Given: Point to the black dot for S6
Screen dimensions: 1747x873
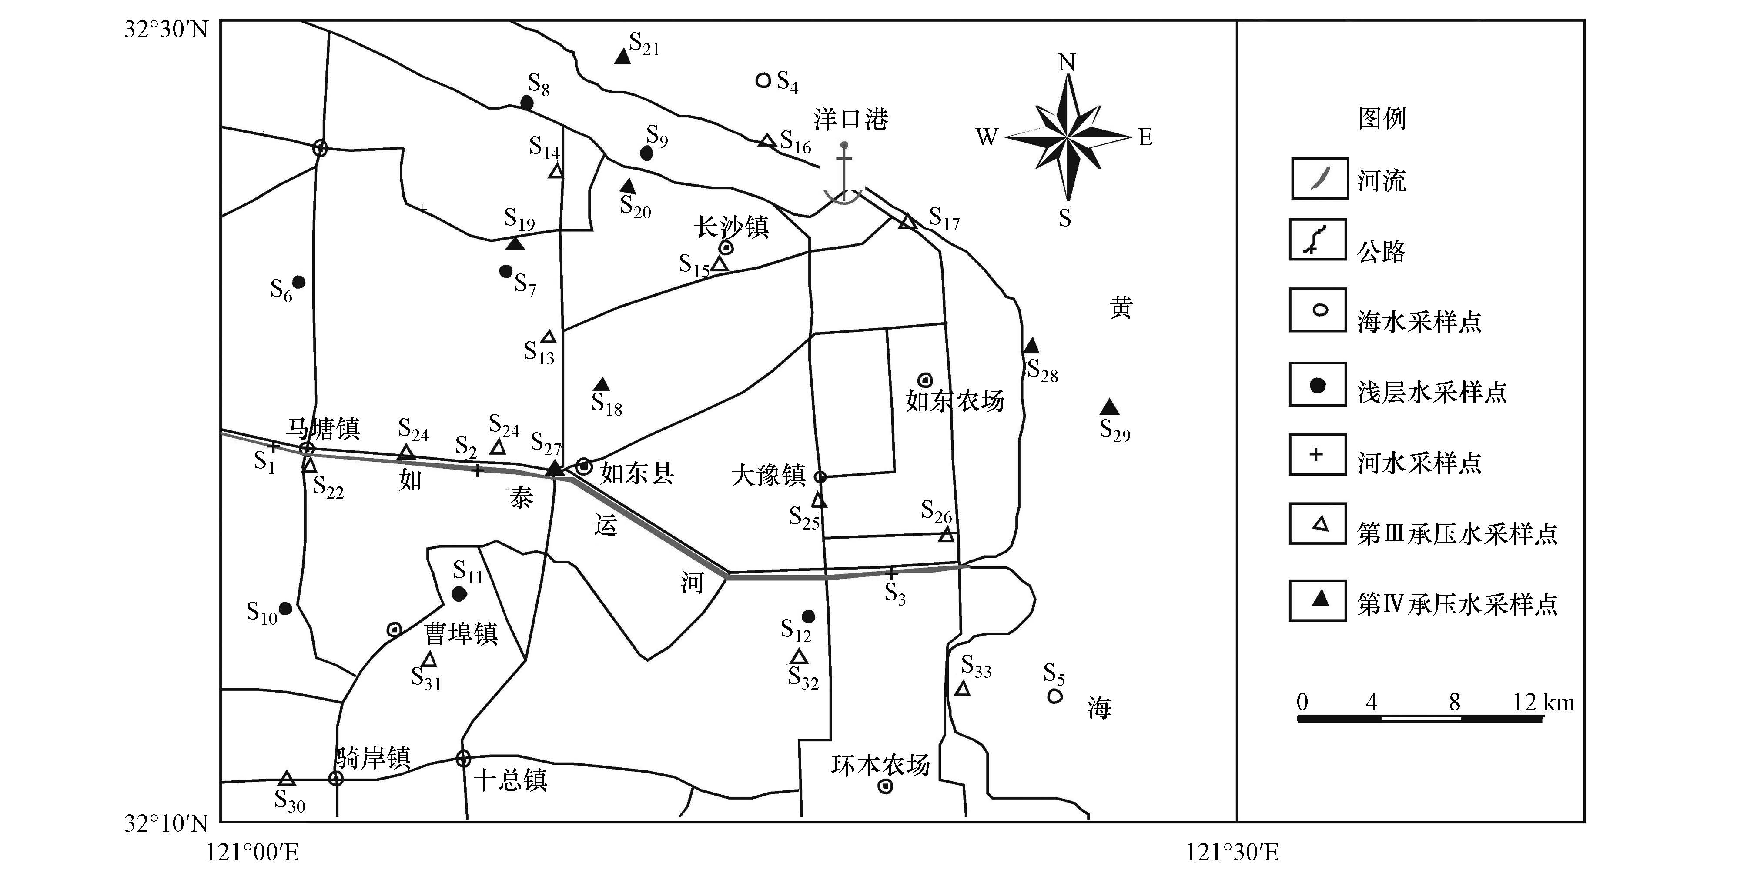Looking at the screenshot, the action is (298, 281).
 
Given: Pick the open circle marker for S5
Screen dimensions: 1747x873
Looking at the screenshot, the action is (1054, 696).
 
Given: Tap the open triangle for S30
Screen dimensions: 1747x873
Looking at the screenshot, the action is (286, 779).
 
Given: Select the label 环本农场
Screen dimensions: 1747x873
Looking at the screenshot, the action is (880, 765).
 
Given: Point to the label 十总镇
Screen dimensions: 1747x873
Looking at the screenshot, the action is (510, 780).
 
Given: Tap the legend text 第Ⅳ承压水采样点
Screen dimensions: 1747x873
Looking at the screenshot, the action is (1457, 604).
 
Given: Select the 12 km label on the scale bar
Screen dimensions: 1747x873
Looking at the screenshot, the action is (1543, 702).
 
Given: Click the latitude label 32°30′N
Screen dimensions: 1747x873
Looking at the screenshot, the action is (166, 30).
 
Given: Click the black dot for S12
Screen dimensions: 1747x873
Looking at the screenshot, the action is (808, 616).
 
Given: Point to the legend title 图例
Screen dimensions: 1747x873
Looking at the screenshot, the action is (1382, 119).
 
